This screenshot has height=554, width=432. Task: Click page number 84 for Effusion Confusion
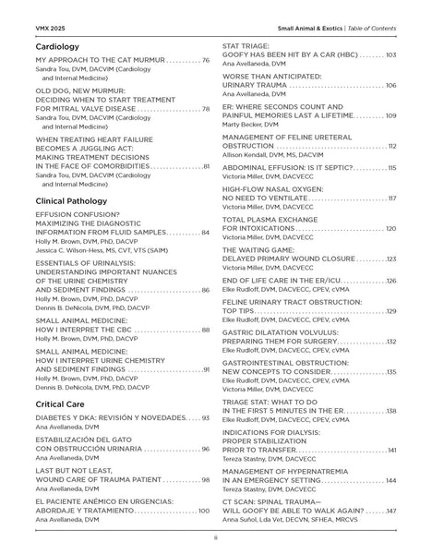(x=206, y=233)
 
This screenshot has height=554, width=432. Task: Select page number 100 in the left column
(x=204, y=511)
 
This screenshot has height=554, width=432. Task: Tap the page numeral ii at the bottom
(x=215, y=537)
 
